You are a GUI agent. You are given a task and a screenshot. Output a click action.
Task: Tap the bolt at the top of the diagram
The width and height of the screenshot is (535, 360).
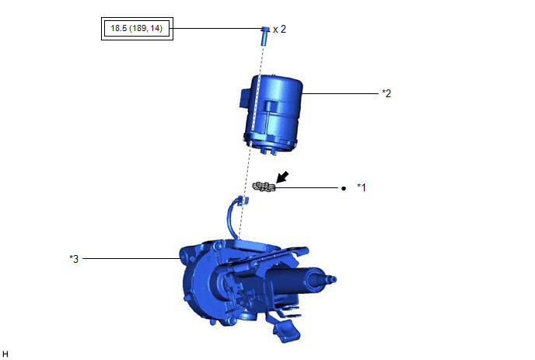[x=265, y=36]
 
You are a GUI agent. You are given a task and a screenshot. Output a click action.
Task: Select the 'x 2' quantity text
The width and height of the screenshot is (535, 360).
[x=279, y=30]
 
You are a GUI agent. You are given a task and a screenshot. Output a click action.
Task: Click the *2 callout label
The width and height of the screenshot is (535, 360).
[x=386, y=93]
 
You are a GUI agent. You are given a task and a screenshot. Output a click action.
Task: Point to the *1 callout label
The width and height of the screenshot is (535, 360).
[x=362, y=187]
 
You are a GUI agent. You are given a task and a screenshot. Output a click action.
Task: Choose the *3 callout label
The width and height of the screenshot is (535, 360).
[x=74, y=259]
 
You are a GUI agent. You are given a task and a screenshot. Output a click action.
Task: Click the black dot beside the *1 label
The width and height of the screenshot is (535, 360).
[x=344, y=188]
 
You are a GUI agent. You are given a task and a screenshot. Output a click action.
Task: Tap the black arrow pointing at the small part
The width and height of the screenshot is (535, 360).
[x=281, y=177]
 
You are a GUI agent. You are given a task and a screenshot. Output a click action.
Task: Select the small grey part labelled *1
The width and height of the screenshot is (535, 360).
[x=264, y=187]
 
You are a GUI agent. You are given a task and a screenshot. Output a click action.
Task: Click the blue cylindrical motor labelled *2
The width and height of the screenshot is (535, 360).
[x=272, y=114]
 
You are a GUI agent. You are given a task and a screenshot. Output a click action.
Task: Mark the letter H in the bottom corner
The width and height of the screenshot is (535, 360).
[x=5, y=354]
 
